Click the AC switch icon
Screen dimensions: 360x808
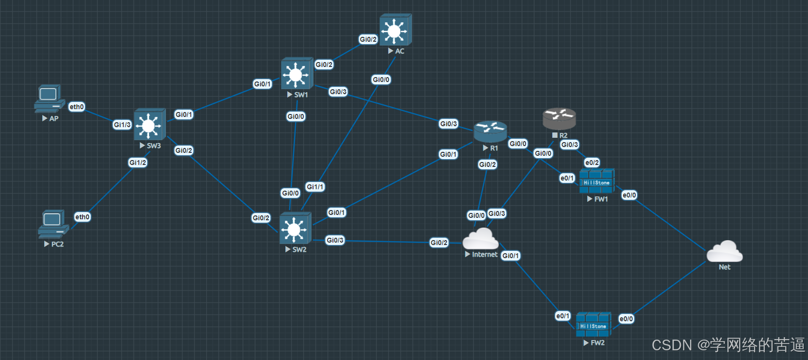coord(395,30)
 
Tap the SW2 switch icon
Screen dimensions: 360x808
coord(295,229)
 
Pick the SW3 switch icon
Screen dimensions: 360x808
coord(149,125)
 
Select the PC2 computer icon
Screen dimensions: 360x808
coord(52,224)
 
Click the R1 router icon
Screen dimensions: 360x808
coord(490,132)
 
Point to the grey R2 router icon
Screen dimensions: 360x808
coord(559,119)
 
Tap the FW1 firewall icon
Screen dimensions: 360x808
coord(597,181)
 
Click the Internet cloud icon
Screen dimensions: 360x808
coord(480,239)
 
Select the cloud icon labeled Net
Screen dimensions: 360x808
coord(724,251)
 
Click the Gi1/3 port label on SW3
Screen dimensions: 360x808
coord(122,125)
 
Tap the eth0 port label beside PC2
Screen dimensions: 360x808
coord(82,217)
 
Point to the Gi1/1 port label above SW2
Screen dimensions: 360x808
coord(315,187)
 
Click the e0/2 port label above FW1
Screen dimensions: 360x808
coord(592,163)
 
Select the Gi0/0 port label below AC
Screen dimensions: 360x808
coord(381,80)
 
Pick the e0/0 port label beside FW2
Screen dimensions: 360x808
coord(626,319)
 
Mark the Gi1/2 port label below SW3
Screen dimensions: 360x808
coord(138,163)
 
